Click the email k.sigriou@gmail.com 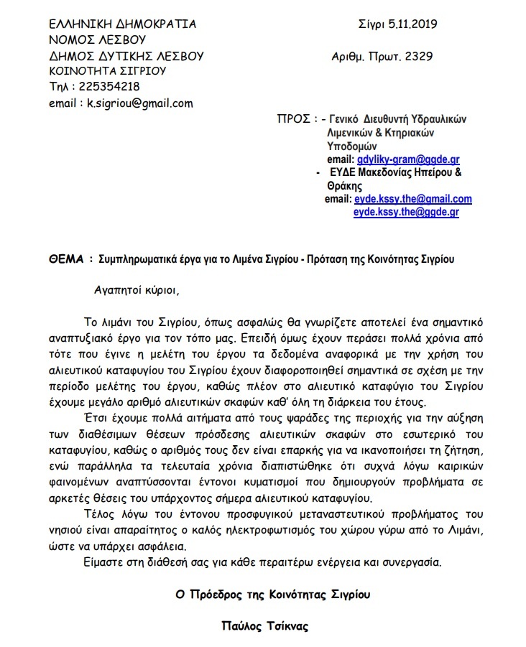coord(140,103)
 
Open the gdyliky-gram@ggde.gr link coord(407,159)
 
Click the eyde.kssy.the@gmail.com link coord(412,199)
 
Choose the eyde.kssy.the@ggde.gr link coord(406,212)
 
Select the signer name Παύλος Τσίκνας coord(264,625)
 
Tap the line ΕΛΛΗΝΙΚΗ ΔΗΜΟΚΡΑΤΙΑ coord(122,24)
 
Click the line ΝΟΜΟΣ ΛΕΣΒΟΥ coord(98,39)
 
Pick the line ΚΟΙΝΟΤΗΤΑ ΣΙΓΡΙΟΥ coord(108,71)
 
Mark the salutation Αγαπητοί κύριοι coord(134,291)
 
